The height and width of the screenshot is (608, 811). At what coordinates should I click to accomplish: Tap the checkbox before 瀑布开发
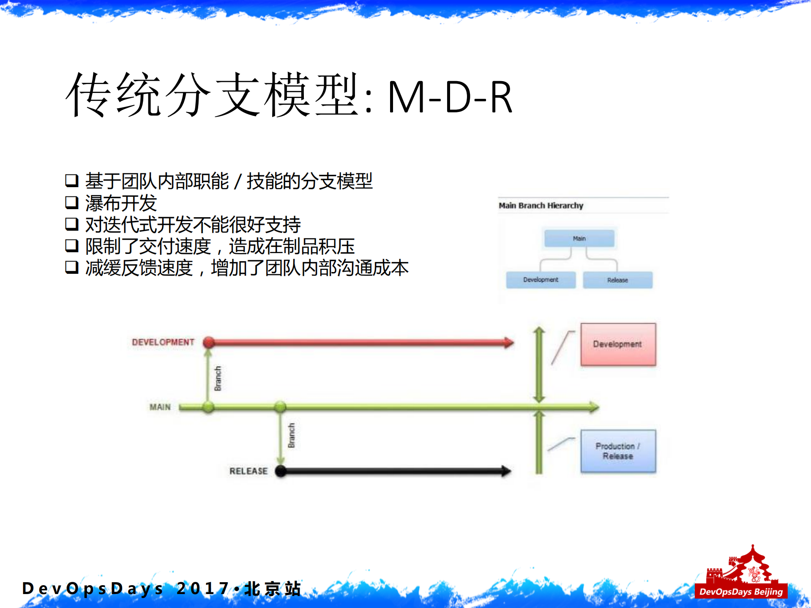coord(71,202)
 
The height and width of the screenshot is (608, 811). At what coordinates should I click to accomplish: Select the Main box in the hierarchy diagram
coord(579,238)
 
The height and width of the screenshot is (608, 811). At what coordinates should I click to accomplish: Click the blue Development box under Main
coord(541,280)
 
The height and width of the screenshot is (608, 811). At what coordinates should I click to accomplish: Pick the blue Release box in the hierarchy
coord(617,280)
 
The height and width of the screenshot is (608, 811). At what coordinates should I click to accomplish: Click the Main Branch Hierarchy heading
coord(541,205)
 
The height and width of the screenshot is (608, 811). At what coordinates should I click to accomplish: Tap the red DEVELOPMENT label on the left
coord(163,342)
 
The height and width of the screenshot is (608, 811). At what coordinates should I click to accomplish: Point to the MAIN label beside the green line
coord(160,407)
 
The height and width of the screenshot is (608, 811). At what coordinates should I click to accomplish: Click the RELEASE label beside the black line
coord(248,471)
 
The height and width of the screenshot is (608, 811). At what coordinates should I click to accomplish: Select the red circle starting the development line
coord(209,342)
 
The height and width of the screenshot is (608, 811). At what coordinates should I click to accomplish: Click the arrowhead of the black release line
coord(506,471)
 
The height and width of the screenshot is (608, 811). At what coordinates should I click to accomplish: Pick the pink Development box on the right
coord(618,344)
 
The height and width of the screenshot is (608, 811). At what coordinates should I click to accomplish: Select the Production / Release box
coord(618,451)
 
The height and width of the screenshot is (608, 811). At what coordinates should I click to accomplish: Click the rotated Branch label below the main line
coord(291,435)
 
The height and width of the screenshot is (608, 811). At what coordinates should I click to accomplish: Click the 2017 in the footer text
coord(203,588)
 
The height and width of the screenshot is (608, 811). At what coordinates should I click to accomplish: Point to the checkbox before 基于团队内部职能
coord(71,180)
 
